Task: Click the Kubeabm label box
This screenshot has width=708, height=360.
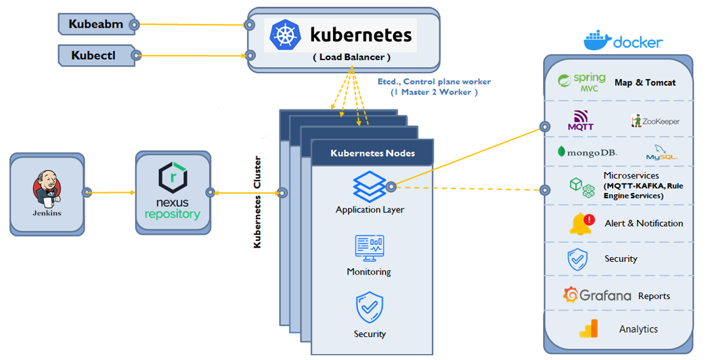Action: pos(96,24)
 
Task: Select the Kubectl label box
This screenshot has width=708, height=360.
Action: pos(96,55)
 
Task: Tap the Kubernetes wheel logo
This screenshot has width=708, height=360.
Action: pos(285,35)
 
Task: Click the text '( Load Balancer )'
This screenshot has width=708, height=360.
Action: pos(351,58)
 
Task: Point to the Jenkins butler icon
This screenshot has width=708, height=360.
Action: pos(47,191)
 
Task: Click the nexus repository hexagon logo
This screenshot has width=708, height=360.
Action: pos(172,179)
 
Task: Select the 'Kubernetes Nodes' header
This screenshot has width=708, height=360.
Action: pos(372,153)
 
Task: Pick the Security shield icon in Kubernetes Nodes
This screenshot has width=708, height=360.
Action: pos(370,308)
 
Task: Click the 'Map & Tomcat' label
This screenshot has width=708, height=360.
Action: pos(644,83)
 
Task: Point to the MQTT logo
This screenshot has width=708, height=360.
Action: pos(580,120)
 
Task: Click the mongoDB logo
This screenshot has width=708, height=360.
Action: pos(587,152)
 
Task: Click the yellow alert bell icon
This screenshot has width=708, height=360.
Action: pos(581,224)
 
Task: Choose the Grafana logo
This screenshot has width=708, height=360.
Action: pos(597,296)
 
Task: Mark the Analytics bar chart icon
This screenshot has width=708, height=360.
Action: pos(588,329)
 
